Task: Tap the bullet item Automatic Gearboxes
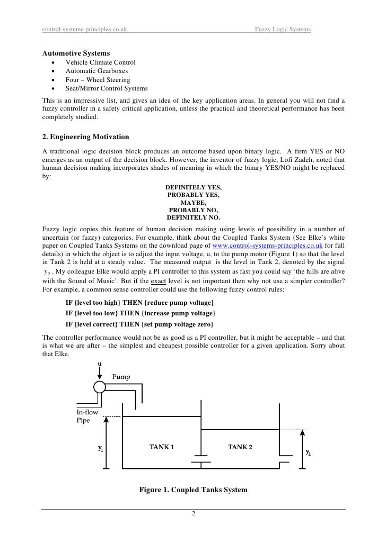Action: tap(96, 71)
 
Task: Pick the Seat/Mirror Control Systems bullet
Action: tap(107, 88)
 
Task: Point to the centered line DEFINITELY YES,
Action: tap(194, 188)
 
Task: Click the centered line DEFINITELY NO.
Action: tap(194, 217)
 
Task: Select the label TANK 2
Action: tap(240, 447)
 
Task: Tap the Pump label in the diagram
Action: tap(120, 377)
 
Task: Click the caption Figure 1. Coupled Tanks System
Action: tap(193, 490)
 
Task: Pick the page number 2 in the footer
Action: tap(194, 514)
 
